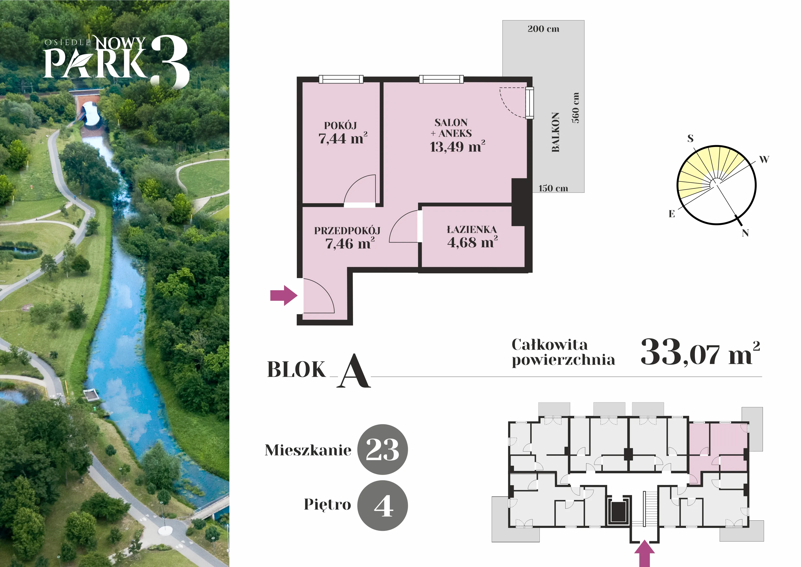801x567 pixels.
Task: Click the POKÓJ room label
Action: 340,125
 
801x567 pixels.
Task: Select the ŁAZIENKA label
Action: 472,229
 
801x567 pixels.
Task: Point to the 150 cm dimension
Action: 553,188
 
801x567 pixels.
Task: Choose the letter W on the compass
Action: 764,160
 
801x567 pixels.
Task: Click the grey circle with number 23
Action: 383,449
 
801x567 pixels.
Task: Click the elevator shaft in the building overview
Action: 617,512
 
